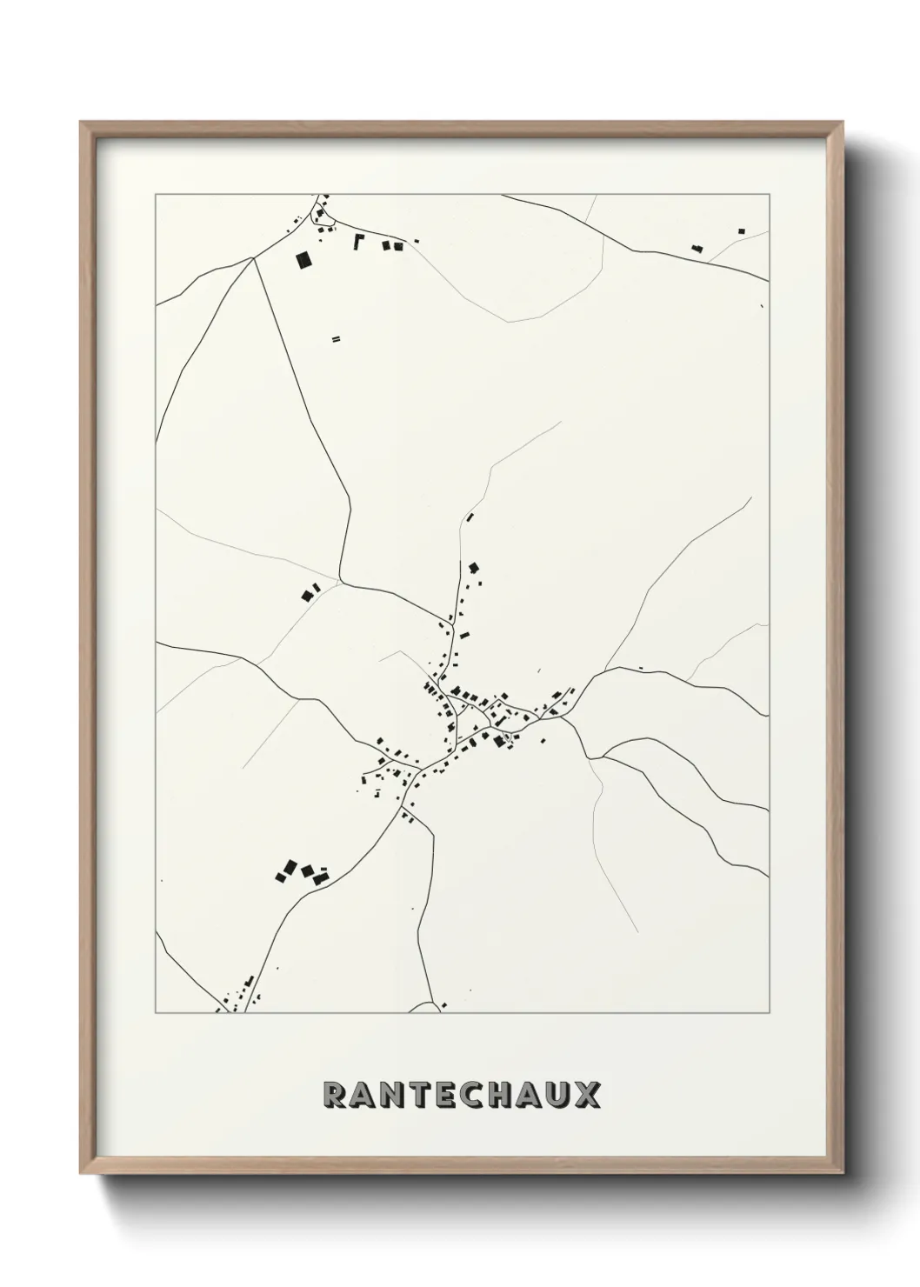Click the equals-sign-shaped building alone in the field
point(335,338)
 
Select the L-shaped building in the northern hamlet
point(357,240)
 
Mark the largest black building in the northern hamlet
point(303,259)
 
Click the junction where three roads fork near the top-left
point(253,257)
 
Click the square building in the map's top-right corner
point(741,230)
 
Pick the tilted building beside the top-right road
point(697,249)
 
